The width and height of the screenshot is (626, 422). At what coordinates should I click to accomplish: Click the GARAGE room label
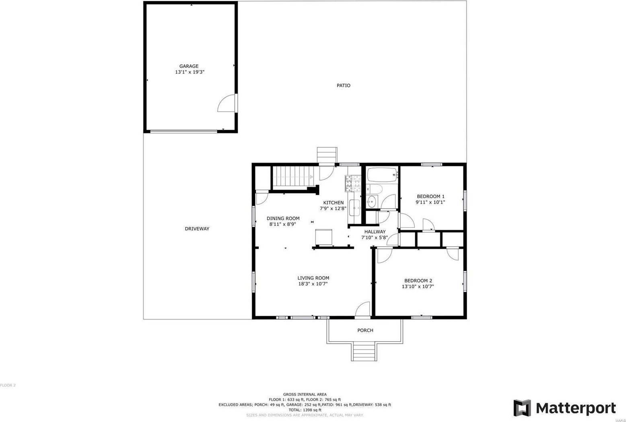coord(189,66)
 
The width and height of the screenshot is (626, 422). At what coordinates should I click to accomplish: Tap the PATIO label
coord(343,86)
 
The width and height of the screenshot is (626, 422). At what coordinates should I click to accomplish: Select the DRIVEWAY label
coord(197,229)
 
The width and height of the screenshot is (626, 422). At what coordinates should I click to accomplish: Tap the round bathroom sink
coord(371,201)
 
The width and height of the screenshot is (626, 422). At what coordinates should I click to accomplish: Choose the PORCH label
coord(365,330)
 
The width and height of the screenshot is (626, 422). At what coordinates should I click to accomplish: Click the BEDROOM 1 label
coord(430,197)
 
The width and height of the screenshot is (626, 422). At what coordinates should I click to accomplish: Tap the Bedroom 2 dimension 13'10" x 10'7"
coord(418,287)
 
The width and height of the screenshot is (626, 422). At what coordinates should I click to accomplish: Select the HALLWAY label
coord(375,232)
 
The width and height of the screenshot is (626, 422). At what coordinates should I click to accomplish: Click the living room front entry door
coord(363,309)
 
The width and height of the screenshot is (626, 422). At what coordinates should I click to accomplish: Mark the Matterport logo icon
coord(522,408)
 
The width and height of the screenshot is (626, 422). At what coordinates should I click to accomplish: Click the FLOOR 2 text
coord(8,385)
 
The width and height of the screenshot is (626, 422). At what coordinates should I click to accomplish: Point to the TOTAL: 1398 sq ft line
coord(305,410)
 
